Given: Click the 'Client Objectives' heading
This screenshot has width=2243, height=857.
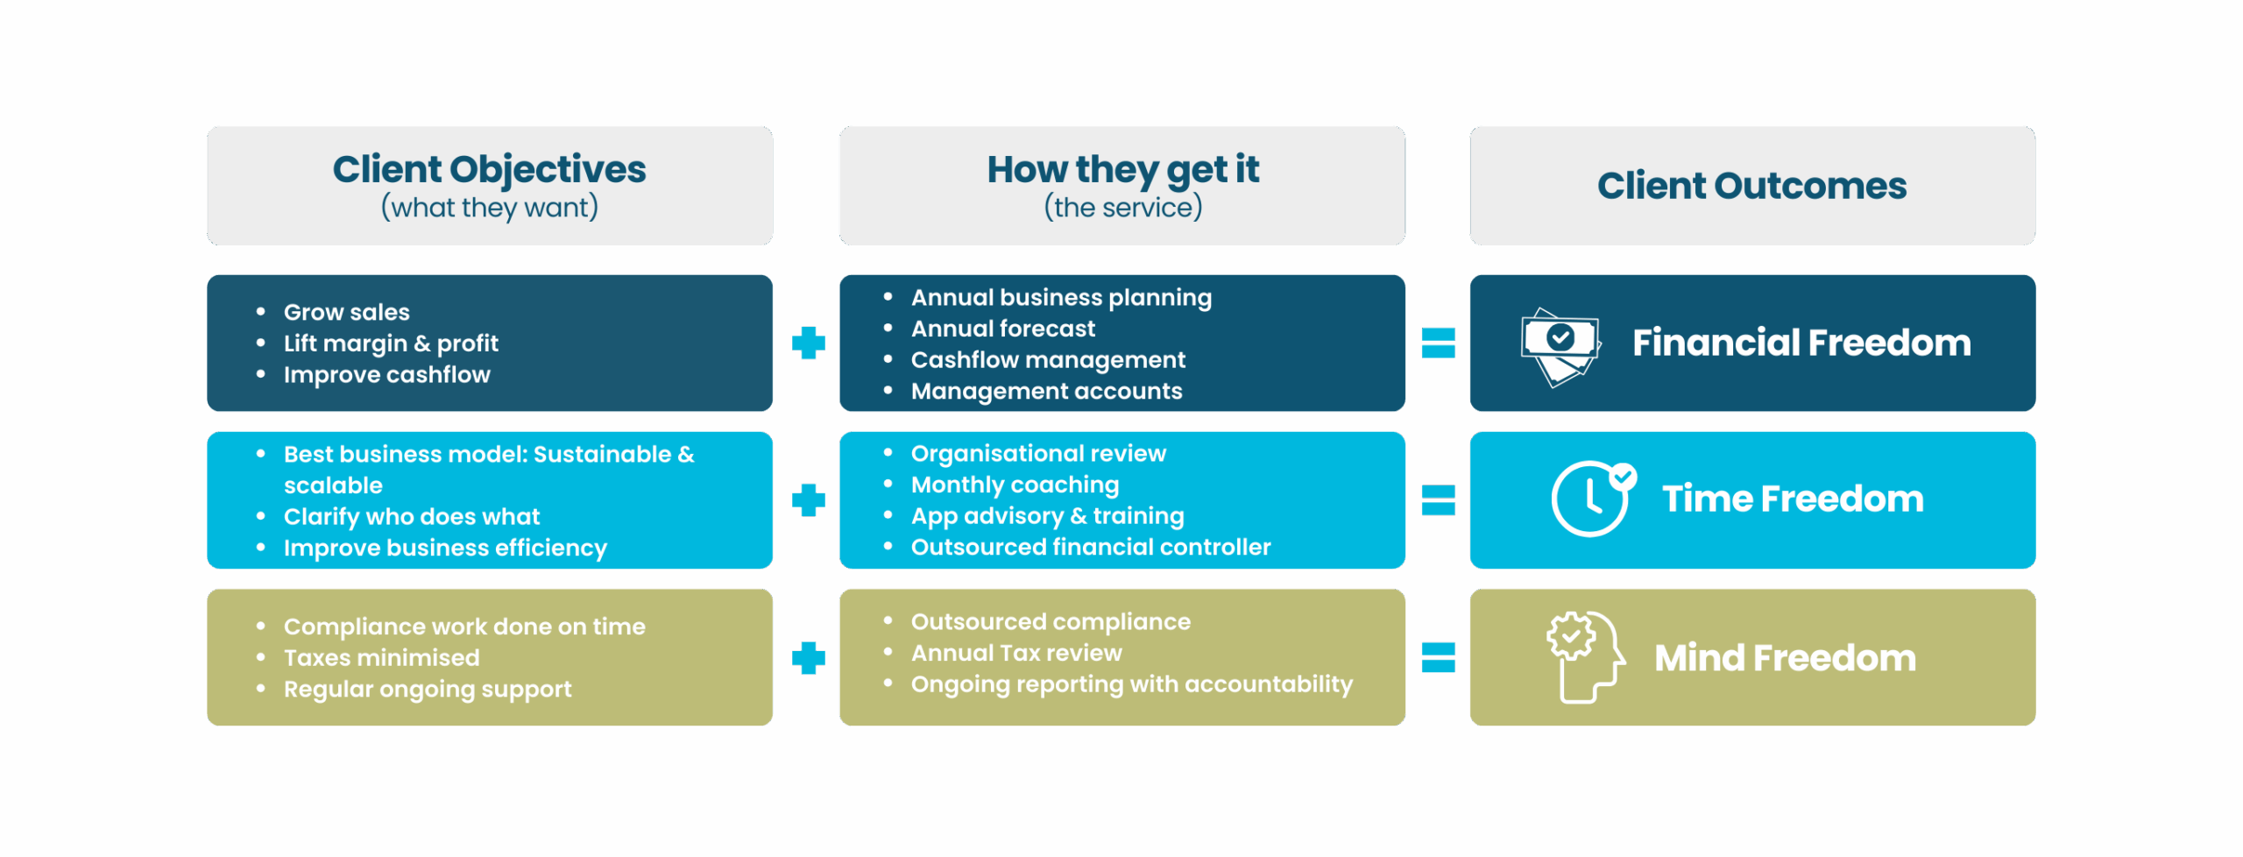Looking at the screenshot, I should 489,170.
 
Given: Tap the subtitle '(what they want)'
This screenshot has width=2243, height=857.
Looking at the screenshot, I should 489,209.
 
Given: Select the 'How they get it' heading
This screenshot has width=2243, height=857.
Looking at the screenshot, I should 1122,170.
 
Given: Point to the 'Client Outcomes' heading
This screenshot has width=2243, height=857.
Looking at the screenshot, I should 1751,186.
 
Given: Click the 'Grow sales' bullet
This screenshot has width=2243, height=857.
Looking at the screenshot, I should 346,312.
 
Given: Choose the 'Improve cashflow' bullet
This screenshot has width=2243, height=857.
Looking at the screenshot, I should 386,375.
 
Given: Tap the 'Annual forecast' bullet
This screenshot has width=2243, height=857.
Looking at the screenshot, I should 1002,329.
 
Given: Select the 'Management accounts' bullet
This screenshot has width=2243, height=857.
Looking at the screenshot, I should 1046,392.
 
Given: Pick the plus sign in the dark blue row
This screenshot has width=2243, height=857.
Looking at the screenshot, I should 808,344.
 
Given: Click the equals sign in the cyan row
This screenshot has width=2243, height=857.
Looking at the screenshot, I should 1438,500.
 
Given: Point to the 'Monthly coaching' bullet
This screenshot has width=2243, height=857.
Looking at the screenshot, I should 1015,485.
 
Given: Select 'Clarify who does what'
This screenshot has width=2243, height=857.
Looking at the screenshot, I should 411,517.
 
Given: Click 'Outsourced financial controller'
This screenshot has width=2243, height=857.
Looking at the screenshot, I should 1090,548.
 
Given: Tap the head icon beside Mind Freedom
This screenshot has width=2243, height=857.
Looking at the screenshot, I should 1584,656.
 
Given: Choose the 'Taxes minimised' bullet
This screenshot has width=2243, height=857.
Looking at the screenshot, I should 381,658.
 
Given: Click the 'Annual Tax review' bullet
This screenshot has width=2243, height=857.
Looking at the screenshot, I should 1015,653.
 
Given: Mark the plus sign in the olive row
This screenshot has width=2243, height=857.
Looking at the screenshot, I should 808,658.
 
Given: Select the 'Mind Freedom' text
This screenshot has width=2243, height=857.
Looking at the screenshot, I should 1785,658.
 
